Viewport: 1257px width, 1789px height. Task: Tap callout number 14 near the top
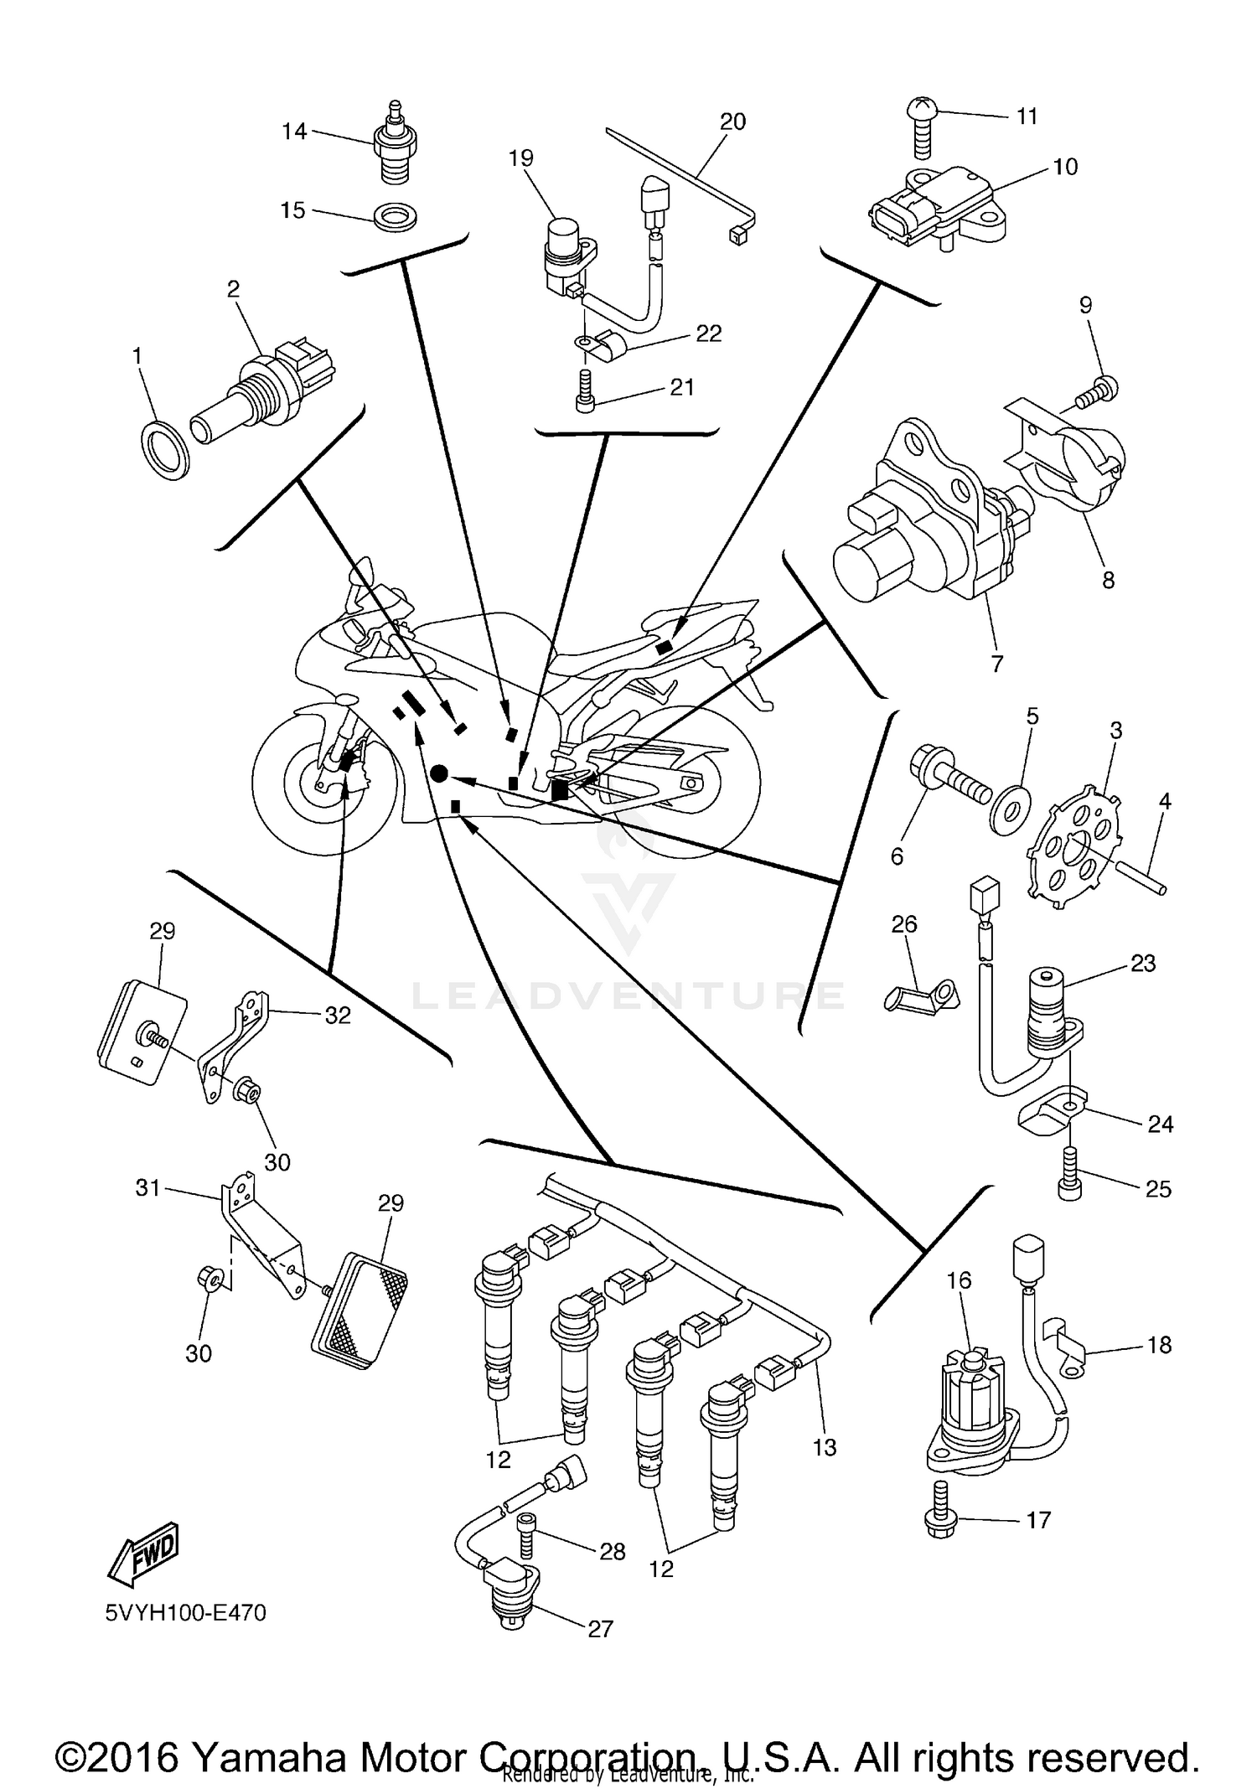294,132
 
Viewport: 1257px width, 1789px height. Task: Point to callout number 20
732,122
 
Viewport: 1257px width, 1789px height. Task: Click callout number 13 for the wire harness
825,1447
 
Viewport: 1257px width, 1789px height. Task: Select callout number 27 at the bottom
601,1628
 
